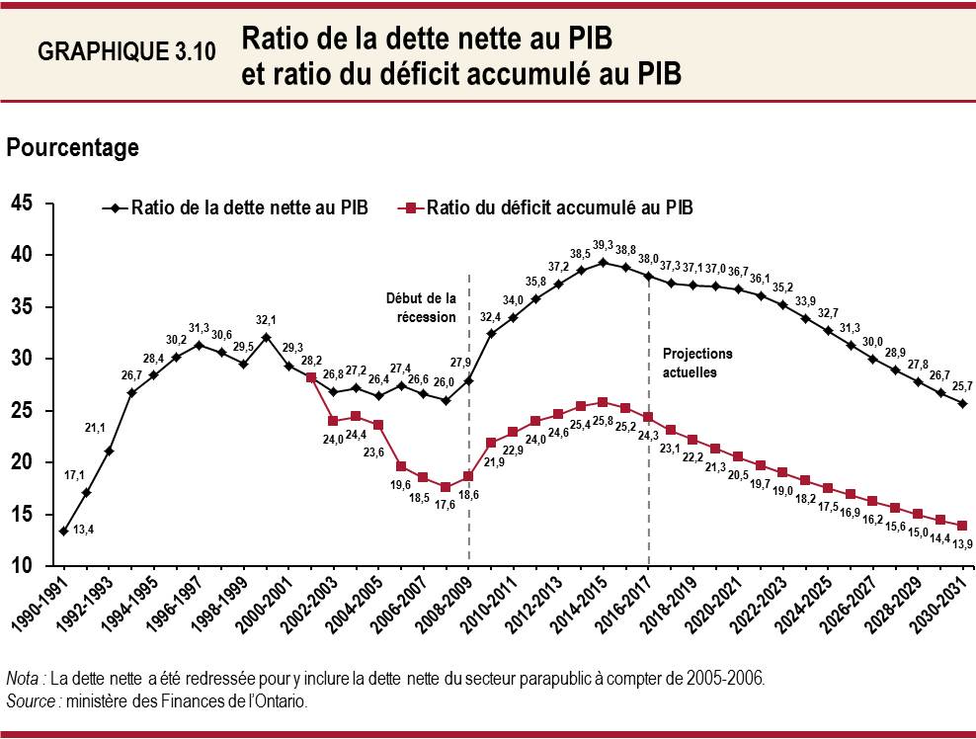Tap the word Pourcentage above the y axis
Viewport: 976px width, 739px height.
coord(72,148)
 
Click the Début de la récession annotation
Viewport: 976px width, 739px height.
coord(422,307)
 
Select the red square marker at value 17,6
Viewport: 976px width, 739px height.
coord(446,487)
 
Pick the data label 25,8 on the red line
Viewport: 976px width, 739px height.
coord(603,422)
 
